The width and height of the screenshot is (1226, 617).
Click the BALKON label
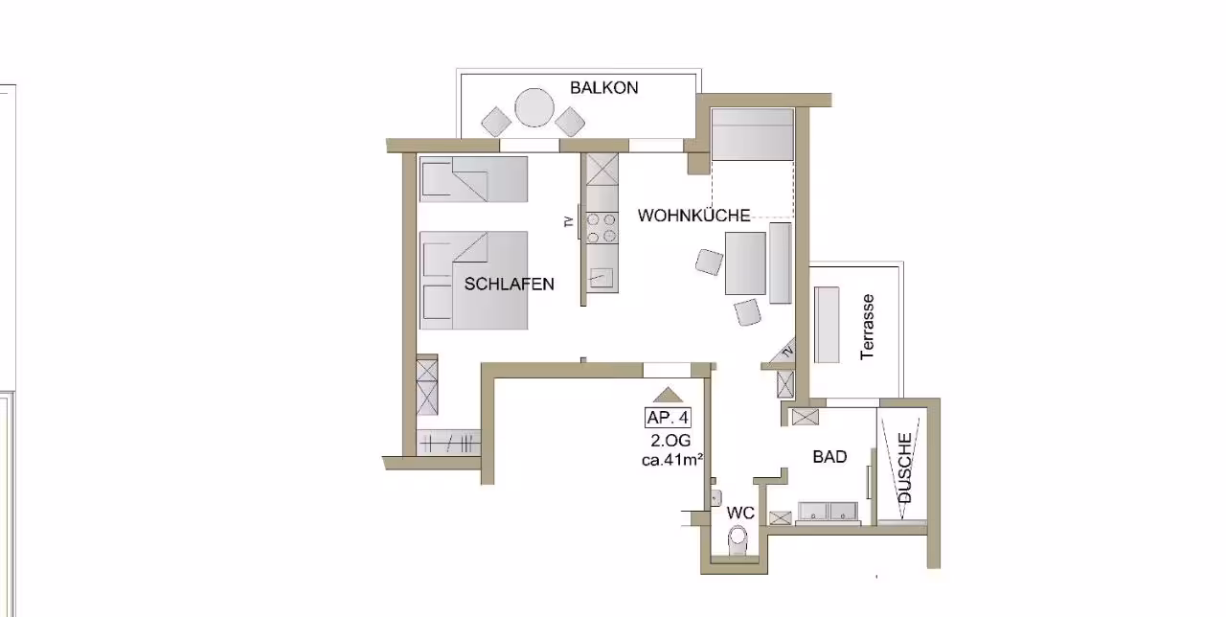pyautogui.click(x=603, y=87)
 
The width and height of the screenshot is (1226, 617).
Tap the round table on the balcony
pyautogui.click(x=534, y=108)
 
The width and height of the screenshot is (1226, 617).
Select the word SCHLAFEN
pyautogui.click(x=509, y=284)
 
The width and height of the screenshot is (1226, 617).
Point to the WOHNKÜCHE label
pyautogui.click(x=693, y=216)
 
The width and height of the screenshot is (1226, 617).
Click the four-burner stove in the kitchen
pyautogui.click(x=602, y=228)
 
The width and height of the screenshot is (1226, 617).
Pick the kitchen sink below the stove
pyautogui.click(x=602, y=278)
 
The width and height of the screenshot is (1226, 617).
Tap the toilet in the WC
pyautogui.click(x=738, y=541)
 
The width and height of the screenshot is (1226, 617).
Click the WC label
pyautogui.click(x=740, y=513)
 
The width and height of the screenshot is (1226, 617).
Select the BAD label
pyautogui.click(x=829, y=457)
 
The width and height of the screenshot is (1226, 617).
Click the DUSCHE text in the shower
pyautogui.click(x=905, y=468)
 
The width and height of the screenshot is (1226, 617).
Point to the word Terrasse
pyautogui.click(x=868, y=327)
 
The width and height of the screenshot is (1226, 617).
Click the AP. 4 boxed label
pyautogui.click(x=668, y=418)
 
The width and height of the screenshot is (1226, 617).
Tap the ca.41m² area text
pyautogui.click(x=672, y=460)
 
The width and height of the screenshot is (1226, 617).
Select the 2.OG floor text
pyautogui.click(x=670, y=440)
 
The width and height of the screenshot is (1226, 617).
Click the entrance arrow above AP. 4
pyautogui.click(x=669, y=395)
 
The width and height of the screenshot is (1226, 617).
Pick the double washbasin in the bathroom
pyautogui.click(x=828, y=512)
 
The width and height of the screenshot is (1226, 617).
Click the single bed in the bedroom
pyautogui.click(x=474, y=179)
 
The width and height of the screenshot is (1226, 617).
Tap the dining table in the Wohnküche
pyautogui.click(x=745, y=263)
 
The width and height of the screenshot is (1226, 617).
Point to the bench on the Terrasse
pyautogui.click(x=827, y=325)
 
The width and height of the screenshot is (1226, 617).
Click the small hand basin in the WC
pyautogui.click(x=715, y=497)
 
